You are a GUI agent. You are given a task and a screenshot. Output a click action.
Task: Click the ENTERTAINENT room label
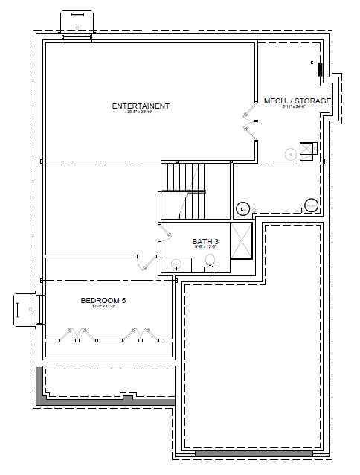141,106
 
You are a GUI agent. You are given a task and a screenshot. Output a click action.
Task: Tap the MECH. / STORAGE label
297,101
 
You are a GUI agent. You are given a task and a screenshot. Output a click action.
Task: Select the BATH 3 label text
205,241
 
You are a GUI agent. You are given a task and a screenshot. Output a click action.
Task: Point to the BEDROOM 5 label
103,300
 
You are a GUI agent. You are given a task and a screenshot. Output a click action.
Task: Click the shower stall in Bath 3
242,240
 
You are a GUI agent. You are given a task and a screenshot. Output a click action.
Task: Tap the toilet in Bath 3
210,262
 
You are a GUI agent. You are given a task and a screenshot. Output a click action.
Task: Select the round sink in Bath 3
176,264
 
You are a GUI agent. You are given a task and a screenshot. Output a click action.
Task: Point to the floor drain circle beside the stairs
242,208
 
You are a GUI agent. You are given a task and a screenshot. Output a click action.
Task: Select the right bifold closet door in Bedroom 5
139,334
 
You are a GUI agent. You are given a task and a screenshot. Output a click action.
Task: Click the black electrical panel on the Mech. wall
321,70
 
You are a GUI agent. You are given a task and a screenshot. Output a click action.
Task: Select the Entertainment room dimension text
141,114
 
